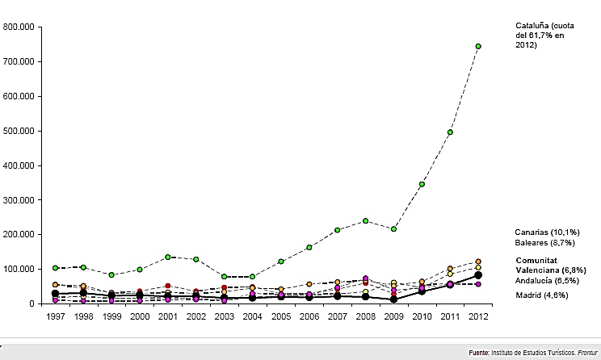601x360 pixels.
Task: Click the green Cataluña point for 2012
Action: pyautogui.click(x=478, y=46)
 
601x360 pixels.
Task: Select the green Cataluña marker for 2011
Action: pyautogui.click(x=450, y=132)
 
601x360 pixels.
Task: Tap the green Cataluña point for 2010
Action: pyautogui.click(x=422, y=184)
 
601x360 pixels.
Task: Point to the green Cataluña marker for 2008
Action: pyautogui.click(x=365, y=220)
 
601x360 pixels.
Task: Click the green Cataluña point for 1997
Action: pyautogui.click(x=55, y=267)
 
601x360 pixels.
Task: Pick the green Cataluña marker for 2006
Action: pyautogui.click(x=309, y=247)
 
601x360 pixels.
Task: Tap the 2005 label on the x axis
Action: pyautogui.click(x=280, y=316)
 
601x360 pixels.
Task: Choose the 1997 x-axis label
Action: pyautogui.click(x=55, y=316)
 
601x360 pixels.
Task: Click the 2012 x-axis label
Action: pyautogui.click(x=478, y=316)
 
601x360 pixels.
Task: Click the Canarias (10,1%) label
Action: pyautogui.click(x=546, y=232)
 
